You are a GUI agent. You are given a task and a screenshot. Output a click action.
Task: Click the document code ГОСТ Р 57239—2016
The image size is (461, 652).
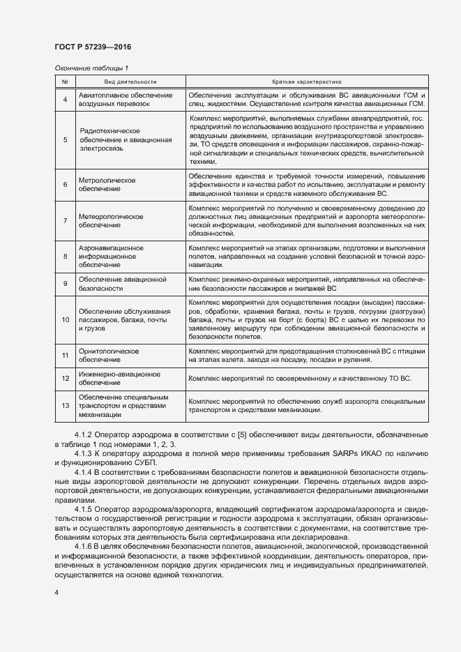click(x=93, y=47)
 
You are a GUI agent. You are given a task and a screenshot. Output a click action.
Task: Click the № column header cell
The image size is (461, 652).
click(x=65, y=82)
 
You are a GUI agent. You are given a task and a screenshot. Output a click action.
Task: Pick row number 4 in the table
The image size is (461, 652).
click(x=65, y=99)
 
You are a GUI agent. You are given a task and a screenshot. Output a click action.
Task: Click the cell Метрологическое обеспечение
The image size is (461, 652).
click(x=107, y=184)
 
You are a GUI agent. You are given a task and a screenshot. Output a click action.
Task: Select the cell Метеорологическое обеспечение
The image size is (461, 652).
click(x=111, y=221)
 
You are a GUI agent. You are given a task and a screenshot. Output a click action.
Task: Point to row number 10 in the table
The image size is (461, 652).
click(x=65, y=319)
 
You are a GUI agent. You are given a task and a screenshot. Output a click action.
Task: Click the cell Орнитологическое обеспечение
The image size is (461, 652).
click(x=109, y=356)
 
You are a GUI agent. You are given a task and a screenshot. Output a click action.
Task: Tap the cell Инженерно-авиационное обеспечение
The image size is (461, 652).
click(x=114, y=379)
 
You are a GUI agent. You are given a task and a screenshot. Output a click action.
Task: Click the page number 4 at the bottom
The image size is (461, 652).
click(x=56, y=593)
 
